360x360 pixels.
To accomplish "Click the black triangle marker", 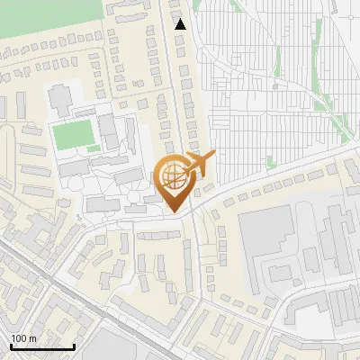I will tap(181, 24).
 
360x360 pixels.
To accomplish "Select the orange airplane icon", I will tap(201, 163).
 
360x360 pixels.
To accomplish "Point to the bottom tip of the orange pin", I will tap(173, 211).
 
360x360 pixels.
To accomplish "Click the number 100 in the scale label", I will tap(19, 338).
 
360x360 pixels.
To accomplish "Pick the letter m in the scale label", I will tap(32, 338).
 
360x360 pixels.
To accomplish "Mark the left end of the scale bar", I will tap(11, 347).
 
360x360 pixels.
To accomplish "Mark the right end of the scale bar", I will tap(74, 347).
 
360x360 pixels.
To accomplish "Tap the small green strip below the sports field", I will tap(94, 148).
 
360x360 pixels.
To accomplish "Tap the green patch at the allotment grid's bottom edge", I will tap(271, 162).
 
